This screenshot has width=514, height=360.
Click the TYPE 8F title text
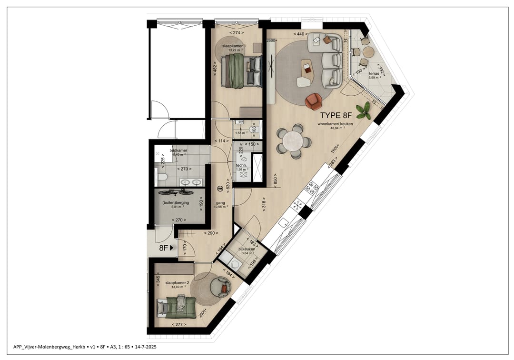click(x=336, y=116)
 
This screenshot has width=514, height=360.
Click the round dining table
click(x=293, y=141)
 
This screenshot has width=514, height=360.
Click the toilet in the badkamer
click(x=161, y=178)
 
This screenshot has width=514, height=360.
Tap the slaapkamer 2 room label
click(x=177, y=283)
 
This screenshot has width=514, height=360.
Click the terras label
click(x=374, y=74)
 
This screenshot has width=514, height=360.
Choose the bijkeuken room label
click(x=247, y=249)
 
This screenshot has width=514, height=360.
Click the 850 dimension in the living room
click(x=275, y=181)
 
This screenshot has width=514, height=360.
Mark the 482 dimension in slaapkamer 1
click(x=215, y=70)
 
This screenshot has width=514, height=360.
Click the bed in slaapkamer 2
click(x=176, y=306)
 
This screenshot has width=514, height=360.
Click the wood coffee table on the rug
click(x=308, y=69)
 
